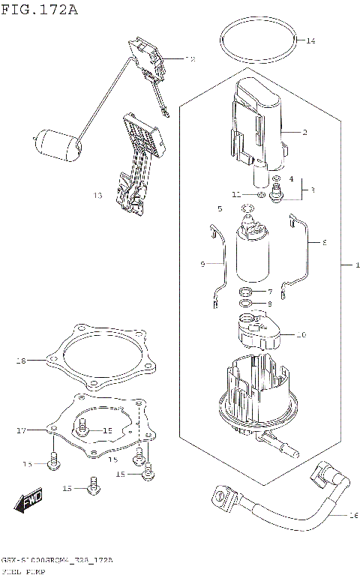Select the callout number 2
click(x=305, y=132)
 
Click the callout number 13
click(x=97, y=196)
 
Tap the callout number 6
click(x=324, y=243)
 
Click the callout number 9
click(x=202, y=265)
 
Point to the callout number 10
click(x=301, y=334)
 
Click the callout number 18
click(x=21, y=361)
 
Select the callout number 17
click(x=21, y=430)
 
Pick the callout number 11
click(x=235, y=194)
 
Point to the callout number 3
click(x=312, y=190)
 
